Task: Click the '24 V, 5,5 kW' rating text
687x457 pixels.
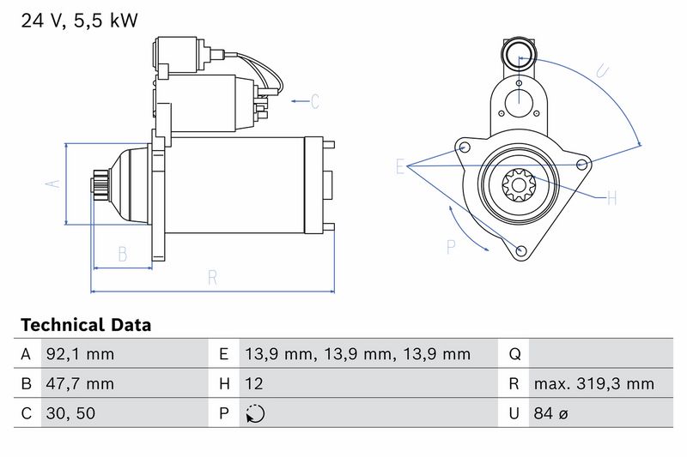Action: (79, 21)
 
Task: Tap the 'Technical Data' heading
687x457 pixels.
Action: (86, 325)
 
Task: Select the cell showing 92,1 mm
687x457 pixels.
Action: (80, 354)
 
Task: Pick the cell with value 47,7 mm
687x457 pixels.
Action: (80, 383)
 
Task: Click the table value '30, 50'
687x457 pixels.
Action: (70, 413)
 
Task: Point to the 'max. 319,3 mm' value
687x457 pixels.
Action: (593, 383)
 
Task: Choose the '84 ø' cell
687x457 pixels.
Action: (550, 413)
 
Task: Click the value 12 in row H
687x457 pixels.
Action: (253, 383)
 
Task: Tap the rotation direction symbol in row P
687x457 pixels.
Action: (255, 414)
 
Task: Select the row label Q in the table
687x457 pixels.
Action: (514, 354)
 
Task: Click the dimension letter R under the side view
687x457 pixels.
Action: (212, 278)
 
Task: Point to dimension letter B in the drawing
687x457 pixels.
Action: (123, 254)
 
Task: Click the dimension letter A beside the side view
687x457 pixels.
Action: (53, 183)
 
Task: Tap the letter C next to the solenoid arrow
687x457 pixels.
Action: (315, 101)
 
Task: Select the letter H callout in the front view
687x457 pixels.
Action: (612, 198)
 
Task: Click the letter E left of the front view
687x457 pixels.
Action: (399, 166)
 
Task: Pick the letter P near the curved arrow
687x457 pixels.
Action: (451, 247)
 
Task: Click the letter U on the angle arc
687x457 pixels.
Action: (603, 71)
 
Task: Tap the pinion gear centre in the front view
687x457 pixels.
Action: (519, 185)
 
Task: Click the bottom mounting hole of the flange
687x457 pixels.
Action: (521, 250)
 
